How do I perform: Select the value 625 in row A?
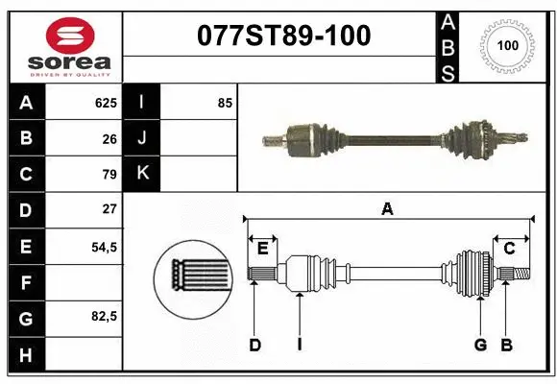pos(106,102)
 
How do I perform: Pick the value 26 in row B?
pos(109,138)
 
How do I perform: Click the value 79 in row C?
pos(109,174)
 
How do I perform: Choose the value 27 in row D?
pos(109,209)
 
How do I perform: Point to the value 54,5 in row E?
pos(104,246)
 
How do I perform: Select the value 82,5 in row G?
pos(104,317)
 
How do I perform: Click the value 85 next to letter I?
pos(225,102)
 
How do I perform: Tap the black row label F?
pos(26,282)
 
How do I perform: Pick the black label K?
pos(142,174)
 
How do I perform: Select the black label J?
pos(142,138)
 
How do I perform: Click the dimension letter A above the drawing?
pos(388,208)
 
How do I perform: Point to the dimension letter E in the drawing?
pos(262,249)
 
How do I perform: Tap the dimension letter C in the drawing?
pos(510,249)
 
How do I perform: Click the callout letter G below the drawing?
pos(480,345)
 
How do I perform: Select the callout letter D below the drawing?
pos(254,345)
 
